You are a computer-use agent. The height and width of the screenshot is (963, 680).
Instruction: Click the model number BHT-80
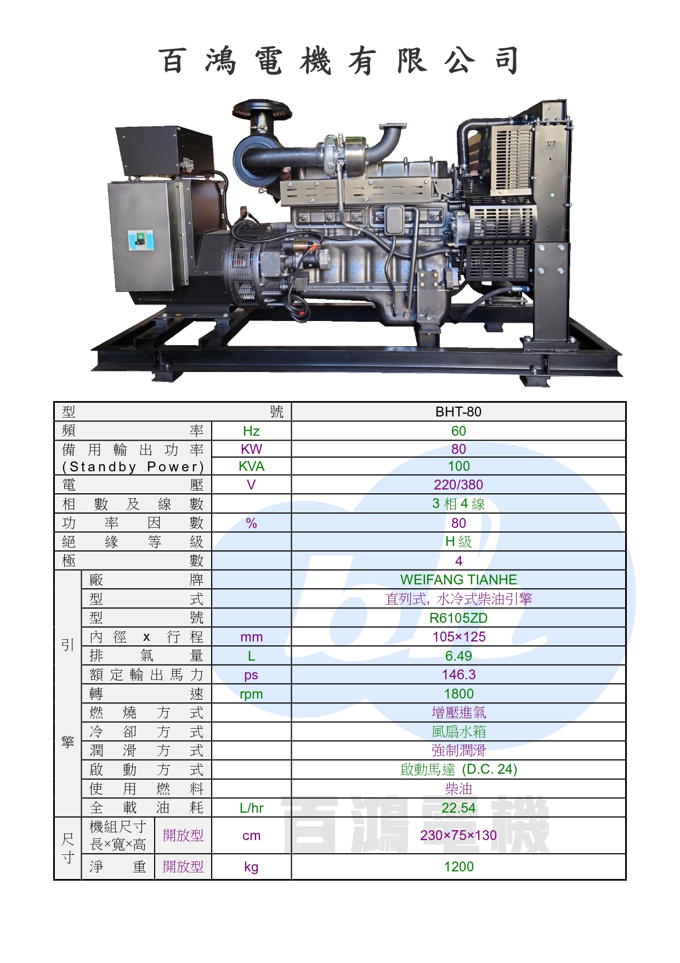[x=458, y=412]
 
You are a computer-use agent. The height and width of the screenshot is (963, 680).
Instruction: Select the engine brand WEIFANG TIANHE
[x=458, y=579]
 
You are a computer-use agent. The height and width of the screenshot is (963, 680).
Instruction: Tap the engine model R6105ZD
[x=458, y=618]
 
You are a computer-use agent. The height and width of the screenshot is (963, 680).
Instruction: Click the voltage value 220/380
[x=458, y=485]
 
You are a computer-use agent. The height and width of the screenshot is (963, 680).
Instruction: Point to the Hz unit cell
[x=251, y=431]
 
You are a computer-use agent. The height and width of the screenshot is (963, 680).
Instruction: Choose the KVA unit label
[x=251, y=466]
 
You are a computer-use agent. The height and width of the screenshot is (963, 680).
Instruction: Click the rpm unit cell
[x=251, y=694]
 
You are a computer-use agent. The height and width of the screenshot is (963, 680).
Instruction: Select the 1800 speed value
[x=458, y=694]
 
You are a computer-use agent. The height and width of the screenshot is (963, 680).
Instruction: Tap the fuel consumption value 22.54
[x=458, y=808]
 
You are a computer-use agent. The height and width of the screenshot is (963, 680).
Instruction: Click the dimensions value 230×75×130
[x=458, y=835]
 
